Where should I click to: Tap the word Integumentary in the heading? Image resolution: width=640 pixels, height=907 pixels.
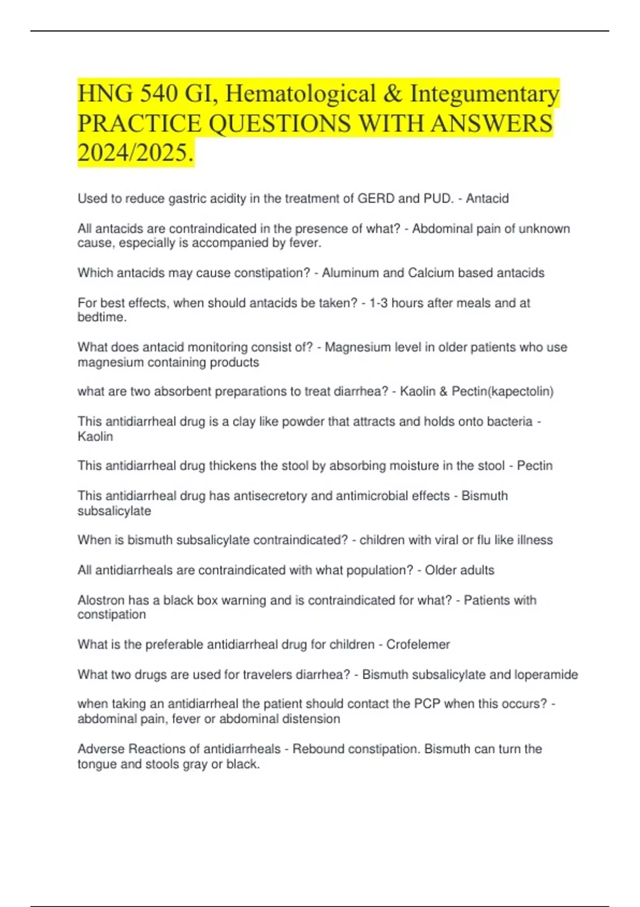click(484, 94)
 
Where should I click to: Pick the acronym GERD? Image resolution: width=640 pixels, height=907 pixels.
click(375, 198)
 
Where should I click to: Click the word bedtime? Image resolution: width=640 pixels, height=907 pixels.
click(101, 317)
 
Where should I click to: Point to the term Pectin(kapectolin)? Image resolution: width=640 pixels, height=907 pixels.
click(502, 392)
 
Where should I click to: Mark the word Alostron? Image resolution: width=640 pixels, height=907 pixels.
click(101, 600)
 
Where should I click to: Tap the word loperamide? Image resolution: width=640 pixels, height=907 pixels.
click(546, 674)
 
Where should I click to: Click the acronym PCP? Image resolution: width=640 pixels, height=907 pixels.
click(427, 704)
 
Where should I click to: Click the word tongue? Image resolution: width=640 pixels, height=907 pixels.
click(97, 764)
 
